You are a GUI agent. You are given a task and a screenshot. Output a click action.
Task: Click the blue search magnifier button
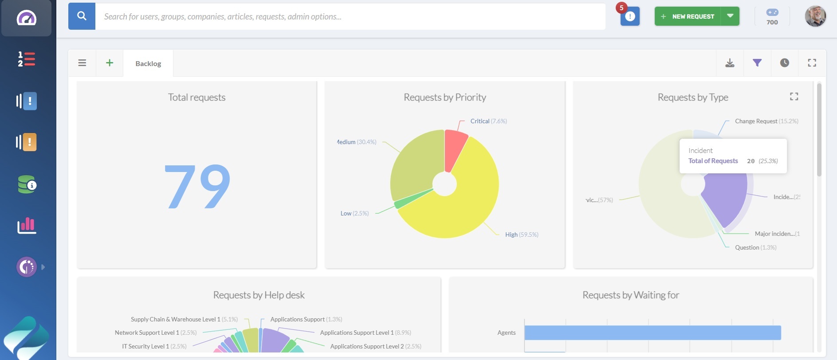(82, 16)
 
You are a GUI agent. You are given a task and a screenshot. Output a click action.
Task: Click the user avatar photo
(815, 16)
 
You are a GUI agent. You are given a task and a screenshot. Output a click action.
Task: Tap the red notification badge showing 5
(621, 8)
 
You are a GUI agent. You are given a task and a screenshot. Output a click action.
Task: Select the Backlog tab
(148, 63)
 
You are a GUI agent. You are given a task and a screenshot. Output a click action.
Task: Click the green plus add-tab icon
(110, 63)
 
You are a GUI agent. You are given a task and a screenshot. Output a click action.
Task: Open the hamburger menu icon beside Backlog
(82, 63)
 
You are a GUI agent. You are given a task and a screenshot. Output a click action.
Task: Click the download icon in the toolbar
(730, 63)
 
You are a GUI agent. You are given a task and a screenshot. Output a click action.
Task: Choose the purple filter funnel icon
(757, 63)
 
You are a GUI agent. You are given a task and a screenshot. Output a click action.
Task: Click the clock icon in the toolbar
(785, 63)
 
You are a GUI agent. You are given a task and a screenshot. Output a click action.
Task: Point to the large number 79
(197, 186)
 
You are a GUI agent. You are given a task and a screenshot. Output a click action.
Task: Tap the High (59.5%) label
(522, 235)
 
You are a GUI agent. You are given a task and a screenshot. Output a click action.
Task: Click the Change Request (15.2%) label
(766, 121)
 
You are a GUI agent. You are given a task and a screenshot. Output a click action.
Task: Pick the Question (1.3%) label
(755, 247)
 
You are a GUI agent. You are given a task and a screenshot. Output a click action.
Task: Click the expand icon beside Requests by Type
(794, 97)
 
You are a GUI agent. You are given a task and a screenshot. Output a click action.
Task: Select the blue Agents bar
(652, 333)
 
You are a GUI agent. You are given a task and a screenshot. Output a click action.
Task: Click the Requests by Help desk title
(259, 295)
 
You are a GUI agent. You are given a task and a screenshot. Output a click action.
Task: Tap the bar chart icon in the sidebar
(27, 226)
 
